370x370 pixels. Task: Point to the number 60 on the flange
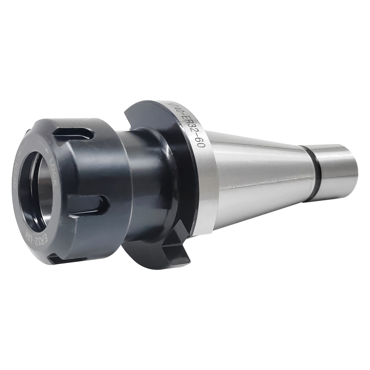(x=200, y=146)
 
